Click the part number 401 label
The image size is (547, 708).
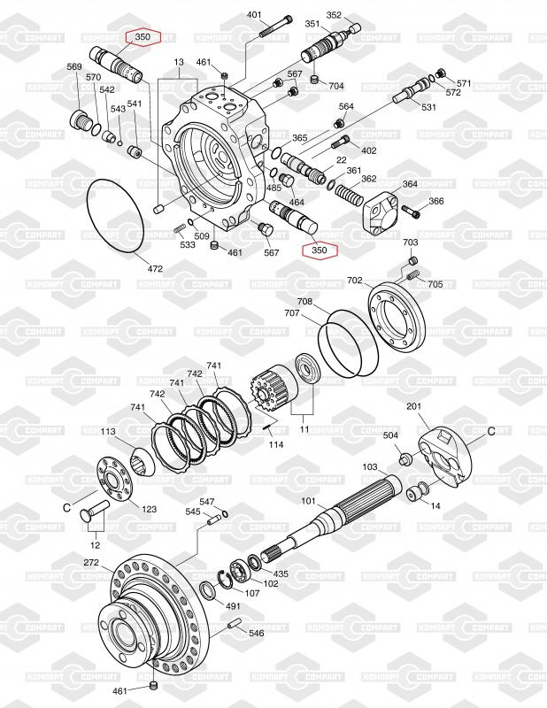[254, 15]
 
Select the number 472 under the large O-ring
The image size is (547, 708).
[154, 267]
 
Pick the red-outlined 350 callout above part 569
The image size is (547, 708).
[143, 37]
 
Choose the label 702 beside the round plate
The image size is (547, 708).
[354, 281]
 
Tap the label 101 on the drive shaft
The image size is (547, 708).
[307, 502]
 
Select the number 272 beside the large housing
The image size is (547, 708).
[91, 563]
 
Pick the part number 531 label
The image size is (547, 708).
[428, 108]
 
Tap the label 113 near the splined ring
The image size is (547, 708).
[108, 432]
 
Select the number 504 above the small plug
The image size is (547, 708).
[390, 435]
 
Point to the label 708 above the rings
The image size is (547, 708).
[304, 302]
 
